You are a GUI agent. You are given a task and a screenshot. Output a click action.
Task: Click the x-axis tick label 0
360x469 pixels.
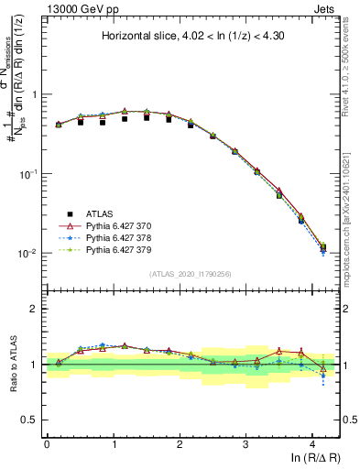pos(47,443)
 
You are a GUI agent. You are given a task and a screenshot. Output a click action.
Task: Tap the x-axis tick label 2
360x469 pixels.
pos(180,443)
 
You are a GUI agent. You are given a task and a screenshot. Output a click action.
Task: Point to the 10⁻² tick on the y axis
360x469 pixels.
pos(27,254)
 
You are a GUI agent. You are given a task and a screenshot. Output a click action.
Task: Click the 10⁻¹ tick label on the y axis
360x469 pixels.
pos(27,174)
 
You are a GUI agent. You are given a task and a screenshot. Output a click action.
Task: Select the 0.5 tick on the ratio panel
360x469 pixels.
pos(30,420)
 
